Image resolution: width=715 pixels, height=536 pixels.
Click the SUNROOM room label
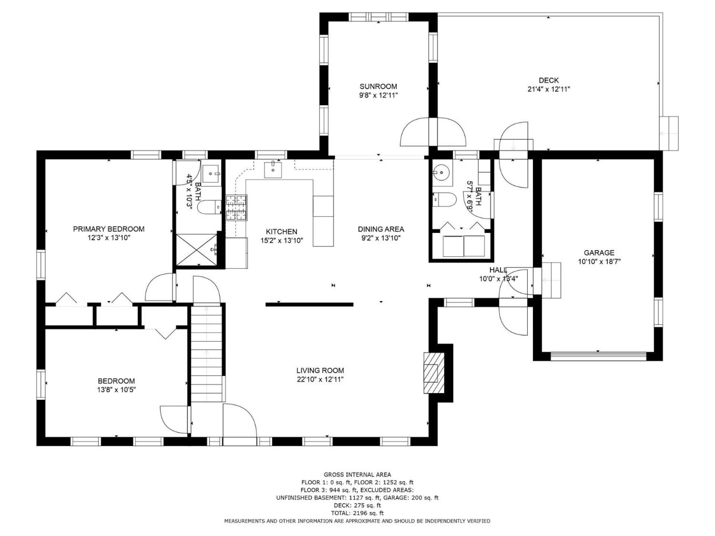(378, 86)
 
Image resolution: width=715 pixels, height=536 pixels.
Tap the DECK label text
(549, 80)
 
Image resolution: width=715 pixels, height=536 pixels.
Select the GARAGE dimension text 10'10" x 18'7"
(599, 262)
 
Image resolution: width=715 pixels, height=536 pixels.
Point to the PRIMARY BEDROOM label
(109, 229)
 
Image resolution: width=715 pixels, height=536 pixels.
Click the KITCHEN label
(282, 232)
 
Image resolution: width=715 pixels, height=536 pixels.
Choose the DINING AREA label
(381, 229)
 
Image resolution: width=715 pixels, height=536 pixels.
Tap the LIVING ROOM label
(320, 370)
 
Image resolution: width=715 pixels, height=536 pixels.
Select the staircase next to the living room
(207, 353)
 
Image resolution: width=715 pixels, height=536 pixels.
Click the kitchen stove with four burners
(236, 208)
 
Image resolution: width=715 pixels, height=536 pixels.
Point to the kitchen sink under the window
(273, 170)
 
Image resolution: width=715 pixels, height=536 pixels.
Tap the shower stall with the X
(196, 250)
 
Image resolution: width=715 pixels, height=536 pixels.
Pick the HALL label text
(498, 270)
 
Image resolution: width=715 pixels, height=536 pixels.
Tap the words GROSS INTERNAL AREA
(357, 475)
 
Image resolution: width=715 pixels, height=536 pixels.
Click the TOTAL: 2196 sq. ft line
(357, 513)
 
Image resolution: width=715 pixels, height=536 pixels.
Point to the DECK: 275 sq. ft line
(357, 505)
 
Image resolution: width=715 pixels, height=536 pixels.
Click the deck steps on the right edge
(669, 133)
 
